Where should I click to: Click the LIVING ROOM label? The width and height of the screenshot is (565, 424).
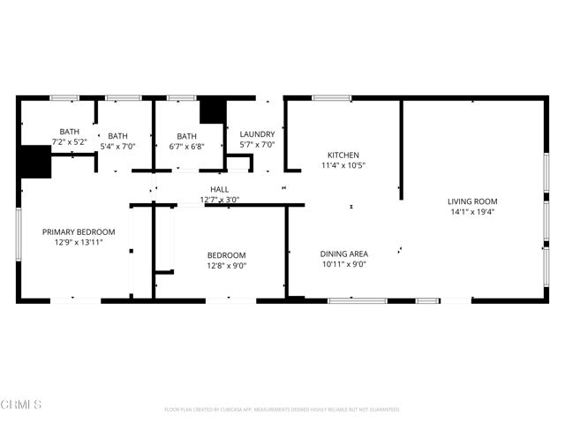pyautogui.click(x=471, y=201)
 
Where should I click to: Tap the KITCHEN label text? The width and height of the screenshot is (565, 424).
pyautogui.click(x=343, y=155)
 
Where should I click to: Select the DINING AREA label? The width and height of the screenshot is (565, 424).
pyautogui.click(x=343, y=253)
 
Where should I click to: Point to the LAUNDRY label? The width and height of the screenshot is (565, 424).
pyautogui.click(x=257, y=134)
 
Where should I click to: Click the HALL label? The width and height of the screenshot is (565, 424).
pyautogui.click(x=220, y=189)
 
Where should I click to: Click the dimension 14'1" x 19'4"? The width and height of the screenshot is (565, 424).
pyautogui.click(x=471, y=211)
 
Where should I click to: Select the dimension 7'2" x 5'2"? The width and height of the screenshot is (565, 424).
pyautogui.click(x=69, y=141)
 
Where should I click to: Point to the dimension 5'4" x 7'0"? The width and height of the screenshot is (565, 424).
pyautogui.click(x=117, y=147)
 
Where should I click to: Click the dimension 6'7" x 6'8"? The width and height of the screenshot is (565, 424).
pyautogui.click(x=185, y=147)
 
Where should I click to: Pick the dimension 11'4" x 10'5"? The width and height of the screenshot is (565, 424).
pyautogui.click(x=343, y=165)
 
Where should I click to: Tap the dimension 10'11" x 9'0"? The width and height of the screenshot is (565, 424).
pyautogui.click(x=343, y=263)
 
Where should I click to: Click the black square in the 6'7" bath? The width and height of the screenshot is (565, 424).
pyautogui.click(x=211, y=112)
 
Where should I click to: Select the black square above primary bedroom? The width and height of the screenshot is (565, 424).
pyautogui.click(x=35, y=162)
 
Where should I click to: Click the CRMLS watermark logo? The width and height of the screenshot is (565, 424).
pyautogui.click(x=22, y=405)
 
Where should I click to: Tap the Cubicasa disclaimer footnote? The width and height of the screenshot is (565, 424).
pyautogui.click(x=282, y=410)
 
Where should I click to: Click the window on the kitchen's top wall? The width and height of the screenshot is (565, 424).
pyautogui.click(x=331, y=98)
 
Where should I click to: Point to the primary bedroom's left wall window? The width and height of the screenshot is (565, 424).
pyautogui.click(x=18, y=233)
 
